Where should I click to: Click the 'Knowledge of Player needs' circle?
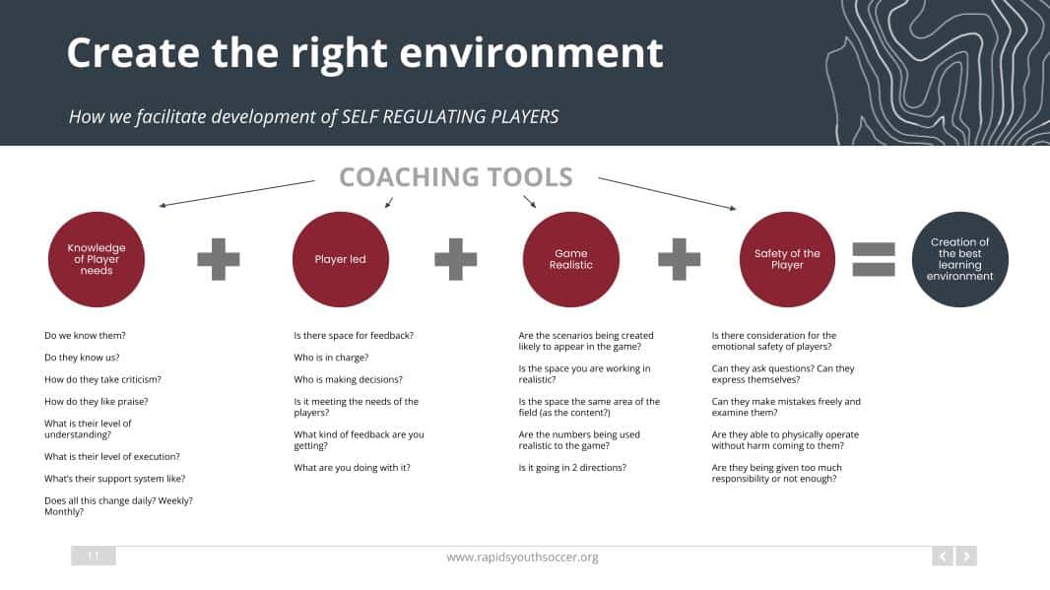click(97, 259)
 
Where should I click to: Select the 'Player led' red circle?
click(340, 259)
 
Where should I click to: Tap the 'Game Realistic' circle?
click(570, 259)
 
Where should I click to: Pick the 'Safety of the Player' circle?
click(787, 259)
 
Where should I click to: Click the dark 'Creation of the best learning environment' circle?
click(959, 259)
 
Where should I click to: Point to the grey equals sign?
click(874, 259)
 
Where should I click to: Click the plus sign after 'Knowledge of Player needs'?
click(219, 259)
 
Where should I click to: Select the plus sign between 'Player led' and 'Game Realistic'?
click(455, 259)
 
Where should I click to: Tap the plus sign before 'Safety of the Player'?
click(679, 259)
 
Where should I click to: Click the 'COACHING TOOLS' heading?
click(456, 177)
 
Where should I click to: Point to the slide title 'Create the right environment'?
click(365, 53)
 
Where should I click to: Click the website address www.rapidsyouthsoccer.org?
click(522, 557)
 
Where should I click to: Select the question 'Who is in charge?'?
click(331, 358)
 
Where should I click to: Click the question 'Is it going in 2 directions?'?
click(572, 468)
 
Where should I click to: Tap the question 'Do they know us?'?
click(82, 358)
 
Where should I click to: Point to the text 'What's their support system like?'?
click(114, 479)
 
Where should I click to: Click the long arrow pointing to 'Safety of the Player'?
click(667, 193)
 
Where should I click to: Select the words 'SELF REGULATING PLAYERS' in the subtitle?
click(450, 116)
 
